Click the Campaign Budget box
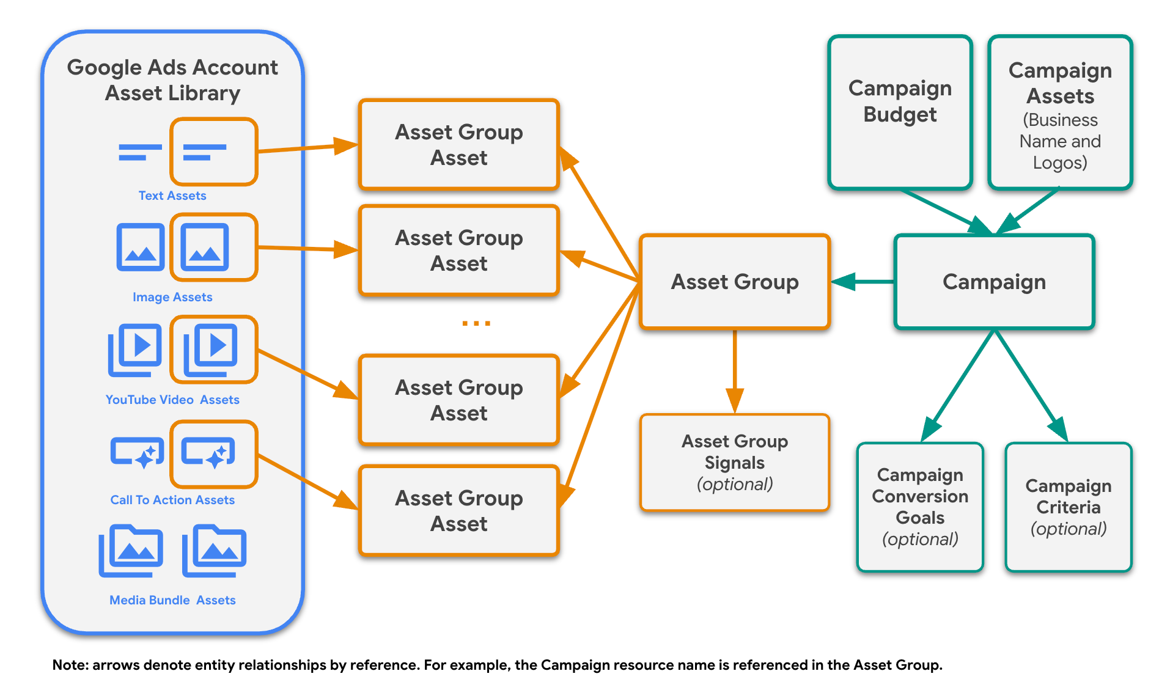[900, 112]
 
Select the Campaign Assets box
[1060, 112]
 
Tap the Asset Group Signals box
[734, 462]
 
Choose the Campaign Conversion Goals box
[920, 507]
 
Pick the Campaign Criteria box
[1068, 507]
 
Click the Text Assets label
[172, 196]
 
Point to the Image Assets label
[172, 297]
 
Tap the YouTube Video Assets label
[172, 400]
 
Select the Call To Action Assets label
[172, 500]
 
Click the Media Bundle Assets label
[172, 600]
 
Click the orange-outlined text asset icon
[213, 152]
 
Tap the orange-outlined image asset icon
[213, 247]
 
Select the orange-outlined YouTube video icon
[213, 349]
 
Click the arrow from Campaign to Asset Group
[862, 282]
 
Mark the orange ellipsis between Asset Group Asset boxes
[476, 323]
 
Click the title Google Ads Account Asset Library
[172, 80]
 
